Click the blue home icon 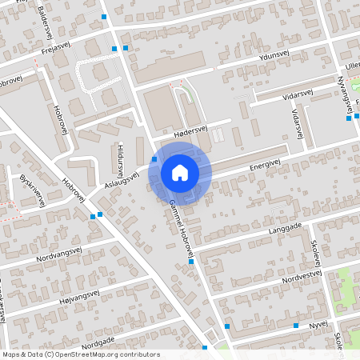pos(180,172)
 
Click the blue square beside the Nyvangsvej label pos(349,118)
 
